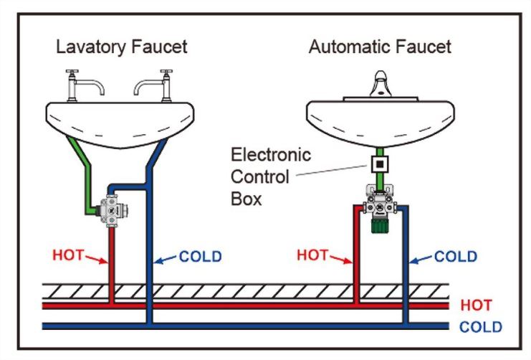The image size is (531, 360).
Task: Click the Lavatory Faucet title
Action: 122,47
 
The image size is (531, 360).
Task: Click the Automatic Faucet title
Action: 380,47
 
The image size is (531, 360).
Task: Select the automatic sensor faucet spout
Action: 381,84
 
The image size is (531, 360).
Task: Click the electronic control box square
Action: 380,164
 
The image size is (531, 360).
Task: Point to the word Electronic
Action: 271,155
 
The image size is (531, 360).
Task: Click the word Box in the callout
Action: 247,199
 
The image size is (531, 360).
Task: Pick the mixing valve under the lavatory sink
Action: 111,211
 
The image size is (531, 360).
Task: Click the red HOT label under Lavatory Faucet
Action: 68,255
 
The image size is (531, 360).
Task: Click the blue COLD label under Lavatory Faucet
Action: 200,257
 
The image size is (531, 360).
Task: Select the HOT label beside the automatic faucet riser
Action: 312,255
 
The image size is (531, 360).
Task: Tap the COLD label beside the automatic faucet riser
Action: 456,257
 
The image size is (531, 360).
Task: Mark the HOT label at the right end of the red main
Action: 476,305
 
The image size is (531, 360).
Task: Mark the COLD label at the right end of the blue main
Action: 481,327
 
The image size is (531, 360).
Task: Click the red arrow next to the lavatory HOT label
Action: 97,260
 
